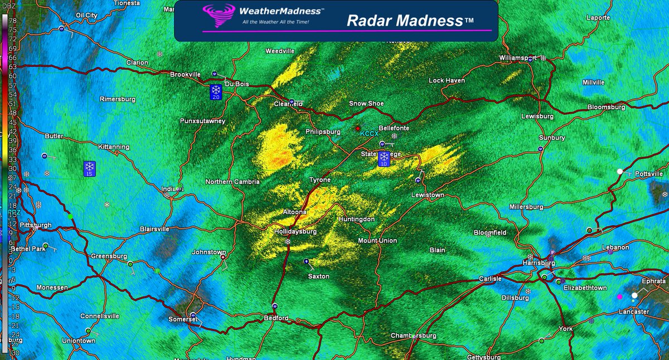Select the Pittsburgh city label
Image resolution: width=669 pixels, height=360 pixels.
point(35,225)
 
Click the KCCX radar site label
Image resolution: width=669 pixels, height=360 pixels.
point(369,134)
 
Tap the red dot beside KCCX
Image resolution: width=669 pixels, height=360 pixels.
point(358,129)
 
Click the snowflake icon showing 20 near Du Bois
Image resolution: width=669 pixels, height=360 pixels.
point(216,92)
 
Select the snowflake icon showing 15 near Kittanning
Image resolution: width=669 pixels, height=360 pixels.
point(89,169)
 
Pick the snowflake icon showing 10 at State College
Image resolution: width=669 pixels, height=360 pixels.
point(384,159)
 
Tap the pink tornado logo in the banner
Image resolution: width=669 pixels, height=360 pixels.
point(219,16)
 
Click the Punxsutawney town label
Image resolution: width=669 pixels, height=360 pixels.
point(202,120)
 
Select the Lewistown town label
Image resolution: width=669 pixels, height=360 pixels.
point(428,195)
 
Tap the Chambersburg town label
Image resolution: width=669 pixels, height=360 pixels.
point(413,335)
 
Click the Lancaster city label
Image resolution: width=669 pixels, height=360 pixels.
point(634,312)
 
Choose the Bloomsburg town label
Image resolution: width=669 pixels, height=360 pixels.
point(607,107)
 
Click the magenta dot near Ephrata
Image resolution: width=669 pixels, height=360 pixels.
point(619,296)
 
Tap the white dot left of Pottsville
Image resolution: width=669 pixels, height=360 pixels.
point(619,172)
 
